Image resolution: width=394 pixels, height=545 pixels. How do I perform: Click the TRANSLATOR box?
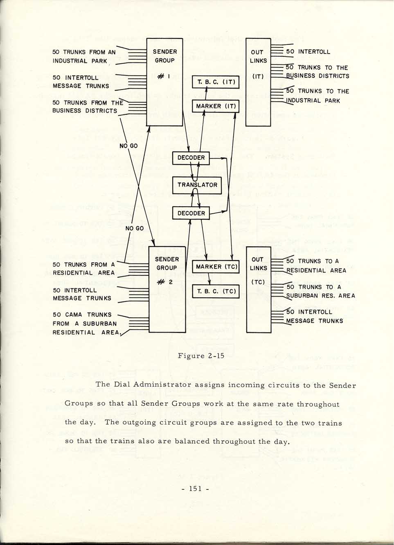coord(197,185)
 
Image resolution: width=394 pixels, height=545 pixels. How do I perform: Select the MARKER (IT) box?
coord(216,106)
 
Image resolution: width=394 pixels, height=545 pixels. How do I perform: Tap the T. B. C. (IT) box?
coord(216,82)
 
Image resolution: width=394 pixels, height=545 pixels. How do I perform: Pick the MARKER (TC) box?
coord(216,267)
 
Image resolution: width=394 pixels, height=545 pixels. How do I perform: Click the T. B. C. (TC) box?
coord(216,291)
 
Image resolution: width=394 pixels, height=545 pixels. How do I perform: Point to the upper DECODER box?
coord(191,158)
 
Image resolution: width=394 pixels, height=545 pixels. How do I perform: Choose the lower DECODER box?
coord(191,213)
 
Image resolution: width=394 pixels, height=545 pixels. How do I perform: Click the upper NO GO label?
coord(128,146)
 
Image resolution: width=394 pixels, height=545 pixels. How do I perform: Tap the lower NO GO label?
coord(135,228)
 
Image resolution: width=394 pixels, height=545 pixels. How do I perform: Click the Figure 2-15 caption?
coord(201,356)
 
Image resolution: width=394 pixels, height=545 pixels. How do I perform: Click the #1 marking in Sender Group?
coord(164,77)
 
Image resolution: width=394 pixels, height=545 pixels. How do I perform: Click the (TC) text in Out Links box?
coord(258,282)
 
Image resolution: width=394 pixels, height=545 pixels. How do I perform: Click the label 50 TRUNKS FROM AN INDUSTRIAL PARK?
coord(84,56)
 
